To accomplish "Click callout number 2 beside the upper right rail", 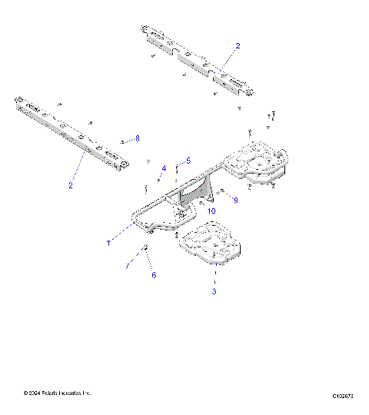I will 238,46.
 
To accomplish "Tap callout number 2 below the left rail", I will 70,185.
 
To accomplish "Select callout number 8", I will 138,138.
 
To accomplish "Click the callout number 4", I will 163,168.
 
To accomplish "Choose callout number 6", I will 153,274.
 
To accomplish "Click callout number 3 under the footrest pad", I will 214,291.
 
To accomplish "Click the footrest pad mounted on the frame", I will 258,164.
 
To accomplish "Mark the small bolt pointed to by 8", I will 122,141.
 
